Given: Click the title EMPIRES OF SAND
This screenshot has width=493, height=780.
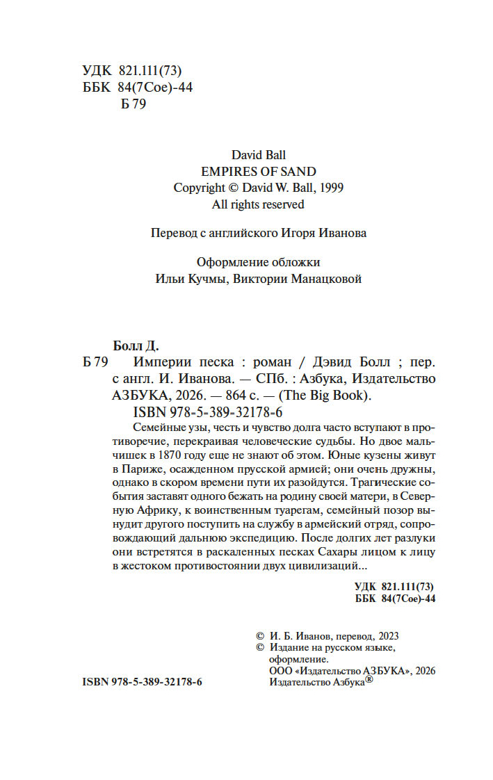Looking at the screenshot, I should click(x=258, y=171).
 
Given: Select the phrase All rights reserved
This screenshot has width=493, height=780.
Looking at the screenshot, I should click(x=258, y=204).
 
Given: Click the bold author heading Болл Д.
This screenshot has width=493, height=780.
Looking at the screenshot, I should click(x=136, y=345).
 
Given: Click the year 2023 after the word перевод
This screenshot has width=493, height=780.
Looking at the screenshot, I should click(x=389, y=635).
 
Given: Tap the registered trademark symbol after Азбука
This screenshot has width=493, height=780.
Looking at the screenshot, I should click(x=369, y=681).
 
